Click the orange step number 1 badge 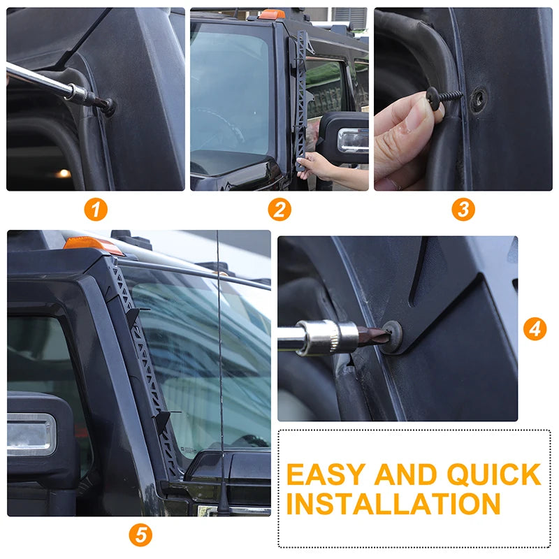pyautogui.click(x=96, y=209)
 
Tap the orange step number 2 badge pyautogui.click(x=279, y=209)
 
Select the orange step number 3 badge pyautogui.click(x=463, y=209)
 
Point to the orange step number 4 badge pyautogui.click(x=535, y=328)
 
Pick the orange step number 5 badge pyautogui.click(x=140, y=535)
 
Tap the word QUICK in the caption pyautogui.click(x=494, y=474)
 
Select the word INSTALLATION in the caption pyautogui.click(x=393, y=503)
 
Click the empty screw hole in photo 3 pyautogui.click(x=479, y=99)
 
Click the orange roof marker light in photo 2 pyautogui.click(x=272, y=14)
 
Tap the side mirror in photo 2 pyautogui.click(x=344, y=138)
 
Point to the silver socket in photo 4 pyautogui.click(x=327, y=337)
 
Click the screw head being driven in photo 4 pyautogui.click(x=391, y=337)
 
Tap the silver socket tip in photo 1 pyautogui.click(x=81, y=94)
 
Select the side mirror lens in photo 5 pyautogui.click(x=31, y=435)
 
